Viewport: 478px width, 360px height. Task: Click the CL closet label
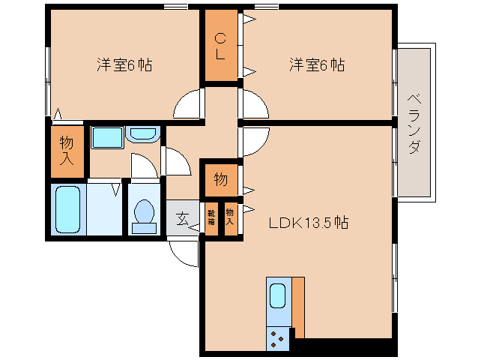[220, 46]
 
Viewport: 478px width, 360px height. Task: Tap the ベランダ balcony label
[414, 124]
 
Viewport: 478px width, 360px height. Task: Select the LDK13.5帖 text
[309, 223]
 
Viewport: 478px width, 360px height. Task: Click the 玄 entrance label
[182, 219]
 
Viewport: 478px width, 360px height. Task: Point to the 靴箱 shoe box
[211, 219]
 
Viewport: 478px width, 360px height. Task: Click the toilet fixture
[144, 216]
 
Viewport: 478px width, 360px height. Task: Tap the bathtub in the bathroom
[67, 209]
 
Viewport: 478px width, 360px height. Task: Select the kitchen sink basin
[278, 295]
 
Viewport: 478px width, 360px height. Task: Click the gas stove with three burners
[277, 339]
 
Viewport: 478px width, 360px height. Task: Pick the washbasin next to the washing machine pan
[142, 134]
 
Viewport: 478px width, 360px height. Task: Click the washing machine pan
[107, 137]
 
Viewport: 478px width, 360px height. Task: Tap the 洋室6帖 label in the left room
[124, 64]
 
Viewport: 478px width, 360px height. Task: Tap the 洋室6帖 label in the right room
[317, 64]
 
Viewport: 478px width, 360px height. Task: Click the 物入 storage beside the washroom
[67, 151]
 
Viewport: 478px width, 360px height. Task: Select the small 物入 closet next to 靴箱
[231, 219]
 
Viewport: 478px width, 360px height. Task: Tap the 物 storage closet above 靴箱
[221, 180]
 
